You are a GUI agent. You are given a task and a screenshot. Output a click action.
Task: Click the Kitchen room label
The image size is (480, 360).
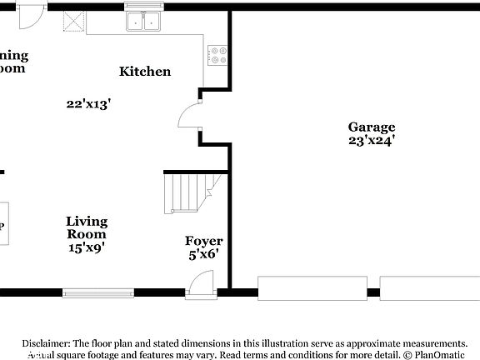pyautogui.click(x=145, y=72)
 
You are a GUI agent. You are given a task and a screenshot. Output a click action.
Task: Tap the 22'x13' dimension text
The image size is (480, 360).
pyautogui.click(x=89, y=104)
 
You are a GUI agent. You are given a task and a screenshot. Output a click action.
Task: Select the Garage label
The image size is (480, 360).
pyautogui.click(x=372, y=127)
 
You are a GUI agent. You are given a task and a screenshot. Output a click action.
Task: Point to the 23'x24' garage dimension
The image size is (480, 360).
pyautogui.click(x=372, y=141)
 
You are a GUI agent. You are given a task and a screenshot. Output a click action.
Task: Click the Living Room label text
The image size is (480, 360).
pyautogui.click(x=87, y=227)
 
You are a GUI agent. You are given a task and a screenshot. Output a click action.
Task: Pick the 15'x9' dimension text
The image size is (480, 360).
pyautogui.click(x=87, y=247)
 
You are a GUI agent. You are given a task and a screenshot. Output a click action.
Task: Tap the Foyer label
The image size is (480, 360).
pyautogui.click(x=203, y=241)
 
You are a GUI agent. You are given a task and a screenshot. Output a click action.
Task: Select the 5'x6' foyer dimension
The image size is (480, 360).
pyautogui.click(x=203, y=255)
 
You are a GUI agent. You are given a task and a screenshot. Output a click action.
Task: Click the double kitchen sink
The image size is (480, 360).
pyautogui.click(x=145, y=21)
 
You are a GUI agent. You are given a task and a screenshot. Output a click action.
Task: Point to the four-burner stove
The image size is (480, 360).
pyautogui.click(x=217, y=55)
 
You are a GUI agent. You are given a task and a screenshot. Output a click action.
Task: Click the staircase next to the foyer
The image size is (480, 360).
pyautogui.click(x=190, y=192)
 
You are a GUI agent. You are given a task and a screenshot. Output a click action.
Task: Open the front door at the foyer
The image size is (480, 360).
pyautogui.click(x=201, y=284)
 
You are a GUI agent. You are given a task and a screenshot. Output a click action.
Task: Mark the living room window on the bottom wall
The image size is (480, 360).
pyautogui.click(x=98, y=292)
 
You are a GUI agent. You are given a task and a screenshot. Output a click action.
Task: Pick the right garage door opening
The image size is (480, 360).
pyautogui.click(x=430, y=287)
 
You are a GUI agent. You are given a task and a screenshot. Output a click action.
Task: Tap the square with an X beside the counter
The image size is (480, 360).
pyautogui.click(x=75, y=22)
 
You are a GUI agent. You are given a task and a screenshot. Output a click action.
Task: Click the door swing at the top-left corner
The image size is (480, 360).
pyautogui.click(x=31, y=14)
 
